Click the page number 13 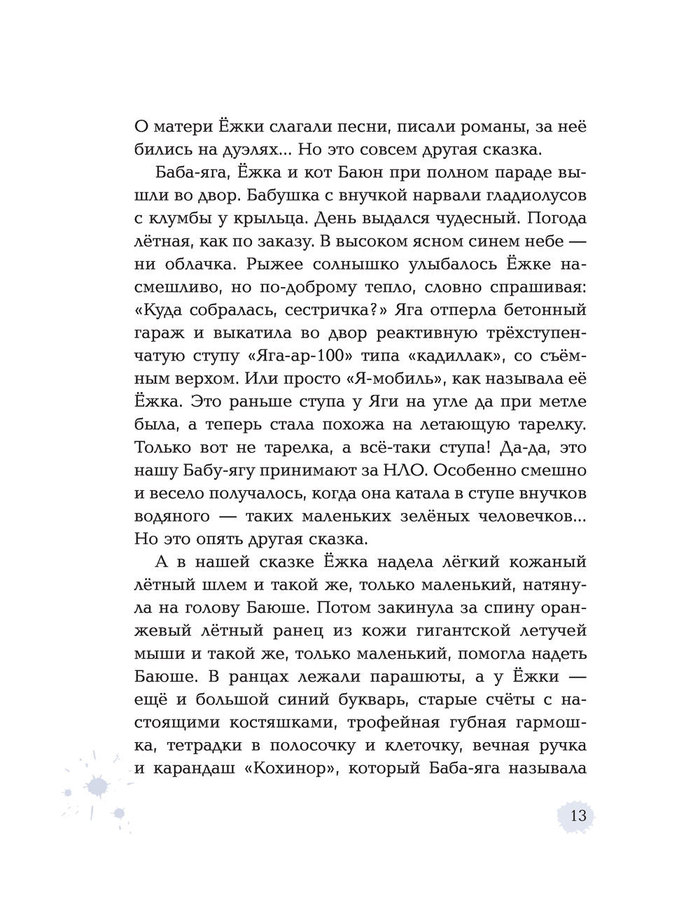coord(578,816)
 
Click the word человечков coord(510,517)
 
